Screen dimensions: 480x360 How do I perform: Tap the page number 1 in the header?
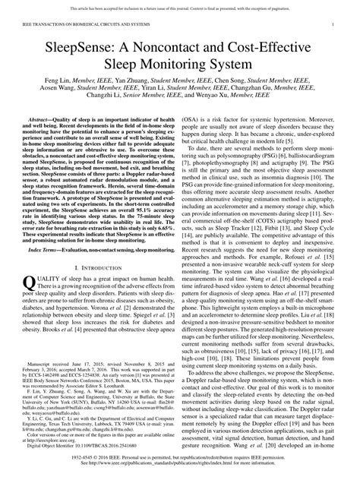click(x=333, y=26)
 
